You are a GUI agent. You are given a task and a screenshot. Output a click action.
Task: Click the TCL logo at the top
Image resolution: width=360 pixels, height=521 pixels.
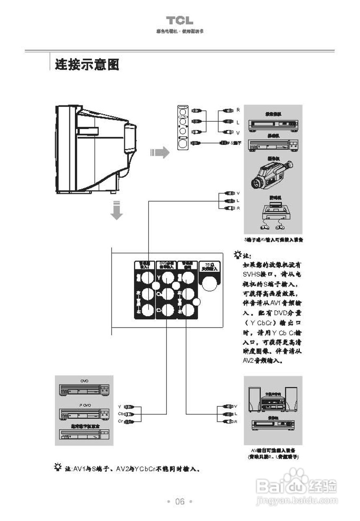coord(179,21)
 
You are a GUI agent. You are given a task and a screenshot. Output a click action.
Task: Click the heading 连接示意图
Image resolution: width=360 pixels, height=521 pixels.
coord(87,64)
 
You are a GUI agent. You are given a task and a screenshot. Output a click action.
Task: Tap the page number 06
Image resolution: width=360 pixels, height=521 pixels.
coord(180,501)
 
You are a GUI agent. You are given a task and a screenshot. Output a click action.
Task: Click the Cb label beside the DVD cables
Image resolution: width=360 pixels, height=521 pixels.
coord(121,414)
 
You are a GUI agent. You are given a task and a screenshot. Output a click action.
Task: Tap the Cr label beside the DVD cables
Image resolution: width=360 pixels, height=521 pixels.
coord(121,421)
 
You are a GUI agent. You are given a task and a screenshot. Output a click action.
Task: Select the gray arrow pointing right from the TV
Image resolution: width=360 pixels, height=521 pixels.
coord(159,153)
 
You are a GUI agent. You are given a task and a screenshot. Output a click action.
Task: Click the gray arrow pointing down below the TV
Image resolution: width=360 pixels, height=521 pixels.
coord(117,210)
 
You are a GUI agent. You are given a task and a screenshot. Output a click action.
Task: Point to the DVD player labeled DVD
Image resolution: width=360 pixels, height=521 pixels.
coord(84,389)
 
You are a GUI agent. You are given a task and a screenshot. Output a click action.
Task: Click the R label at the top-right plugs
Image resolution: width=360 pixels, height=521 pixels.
coord(238,110)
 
